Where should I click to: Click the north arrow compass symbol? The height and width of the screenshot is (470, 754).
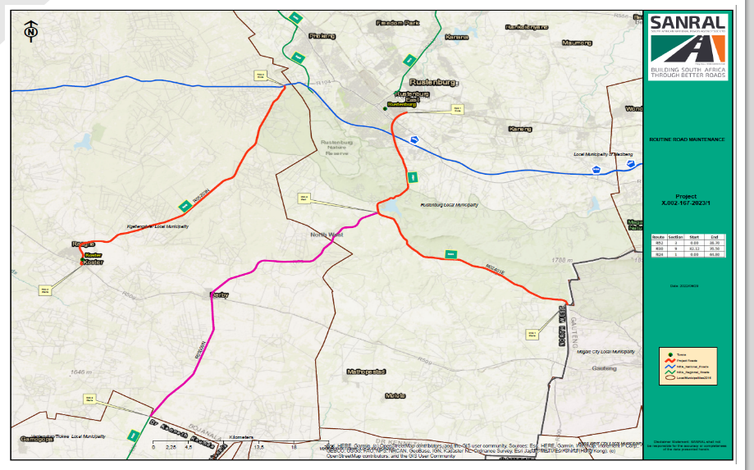coord(31,32)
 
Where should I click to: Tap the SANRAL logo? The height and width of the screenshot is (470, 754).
coord(688,45)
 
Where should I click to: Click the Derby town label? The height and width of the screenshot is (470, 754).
coord(219,294)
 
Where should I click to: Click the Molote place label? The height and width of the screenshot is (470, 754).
coord(395,395)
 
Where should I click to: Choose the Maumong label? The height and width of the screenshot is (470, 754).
coord(576,42)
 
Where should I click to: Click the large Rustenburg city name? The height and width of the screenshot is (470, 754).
coord(433,82)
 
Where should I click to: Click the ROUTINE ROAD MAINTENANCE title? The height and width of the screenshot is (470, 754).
coord(687,139)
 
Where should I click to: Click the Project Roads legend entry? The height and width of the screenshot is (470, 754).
coord(688,359)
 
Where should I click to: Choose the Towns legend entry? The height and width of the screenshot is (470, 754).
coord(681,353)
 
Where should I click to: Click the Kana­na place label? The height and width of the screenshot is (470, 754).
coord(456,37)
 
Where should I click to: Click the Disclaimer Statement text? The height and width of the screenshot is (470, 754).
coord(687,443)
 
